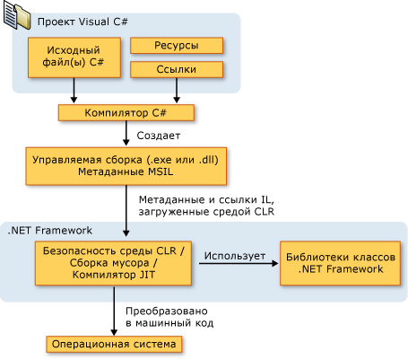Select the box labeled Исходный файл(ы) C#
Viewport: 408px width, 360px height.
pyautogui.click(x=74, y=57)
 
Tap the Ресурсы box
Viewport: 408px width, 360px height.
pyautogui.click(x=177, y=46)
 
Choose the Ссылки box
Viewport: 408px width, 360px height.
pyautogui.click(x=177, y=69)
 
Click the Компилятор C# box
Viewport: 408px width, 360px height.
pyautogui.click(x=126, y=113)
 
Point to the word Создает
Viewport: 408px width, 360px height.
pyautogui.click(x=159, y=136)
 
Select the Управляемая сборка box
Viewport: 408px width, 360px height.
pyautogui.click(x=126, y=166)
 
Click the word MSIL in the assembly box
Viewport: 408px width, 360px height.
pyautogui.click(x=161, y=171)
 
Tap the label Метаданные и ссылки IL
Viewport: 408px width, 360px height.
pyautogui.click(x=206, y=199)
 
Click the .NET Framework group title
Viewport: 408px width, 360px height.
pyautogui.click(x=49, y=231)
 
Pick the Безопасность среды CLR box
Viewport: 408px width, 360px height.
pyautogui.click(x=113, y=263)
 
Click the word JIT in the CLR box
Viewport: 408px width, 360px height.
pyautogui.click(x=147, y=275)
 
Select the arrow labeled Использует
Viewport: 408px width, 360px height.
pyautogui.click(x=239, y=263)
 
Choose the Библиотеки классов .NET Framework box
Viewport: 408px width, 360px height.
pyautogui.click(x=340, y=263)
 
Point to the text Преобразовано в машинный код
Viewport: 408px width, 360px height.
pyautogui.click(x=169, y=317)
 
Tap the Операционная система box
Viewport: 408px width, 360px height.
pyautogui.click(x=114, y=344)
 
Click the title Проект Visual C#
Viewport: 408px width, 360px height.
pyautogui.click(x=82, y=22)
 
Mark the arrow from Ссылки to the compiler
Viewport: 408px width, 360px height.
pyautogui.click(x=177, y=91)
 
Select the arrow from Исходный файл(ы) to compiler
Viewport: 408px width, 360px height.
pyautogui.click(x=74, y=91)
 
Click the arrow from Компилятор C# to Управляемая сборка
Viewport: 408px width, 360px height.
pyautogui.click(x=126, y=134)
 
